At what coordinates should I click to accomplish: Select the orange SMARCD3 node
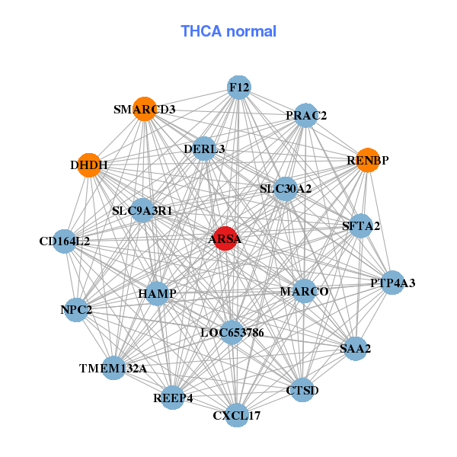pos(144,109)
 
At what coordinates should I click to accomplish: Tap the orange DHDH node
pos(90,165)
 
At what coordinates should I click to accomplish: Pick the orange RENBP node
pos(368,161)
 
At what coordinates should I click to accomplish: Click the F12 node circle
pos(239,87)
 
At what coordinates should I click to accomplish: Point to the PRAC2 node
pos(305,116)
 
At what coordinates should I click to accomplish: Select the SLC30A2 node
pos(285,188)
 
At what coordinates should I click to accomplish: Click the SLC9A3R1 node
pos(142,209)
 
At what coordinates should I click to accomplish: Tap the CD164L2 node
pos(65,241)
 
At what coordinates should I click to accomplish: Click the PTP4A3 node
pos(392,283)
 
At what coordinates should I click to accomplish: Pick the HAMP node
pos(157,293)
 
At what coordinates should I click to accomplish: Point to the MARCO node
pos(304,291)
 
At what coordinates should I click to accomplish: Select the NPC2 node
pos(76,309)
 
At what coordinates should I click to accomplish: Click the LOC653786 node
pos(232,332)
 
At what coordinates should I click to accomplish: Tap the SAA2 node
pos(354,348)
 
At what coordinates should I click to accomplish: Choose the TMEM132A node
pos(113,368)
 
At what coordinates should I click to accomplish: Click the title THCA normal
pos(228,31)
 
